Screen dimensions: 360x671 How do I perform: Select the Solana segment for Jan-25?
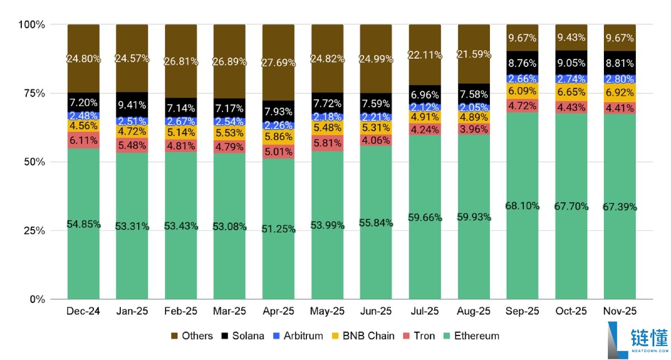pyautogui.click(x=132, y=105)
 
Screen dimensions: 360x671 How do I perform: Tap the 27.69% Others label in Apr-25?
pyautogui.click(x=278, y=63)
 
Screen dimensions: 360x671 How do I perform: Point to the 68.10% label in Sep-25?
pyautogui.click(x=522, y=206)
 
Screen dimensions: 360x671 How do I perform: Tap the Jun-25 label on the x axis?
pyautogui.click(x=376, y=311)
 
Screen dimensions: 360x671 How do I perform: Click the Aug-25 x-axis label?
pyautogui.click(x=474, y=311)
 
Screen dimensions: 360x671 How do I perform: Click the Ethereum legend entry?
pyautogui.click(x=476, y=336)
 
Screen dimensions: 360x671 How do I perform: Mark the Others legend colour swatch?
pyautogui.click(x=173, y=336)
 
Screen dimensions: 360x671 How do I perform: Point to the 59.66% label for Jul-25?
pyautogui.click(x=425, y=217)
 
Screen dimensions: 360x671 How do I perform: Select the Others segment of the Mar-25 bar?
pyautogui.click(x=230, y=61)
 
